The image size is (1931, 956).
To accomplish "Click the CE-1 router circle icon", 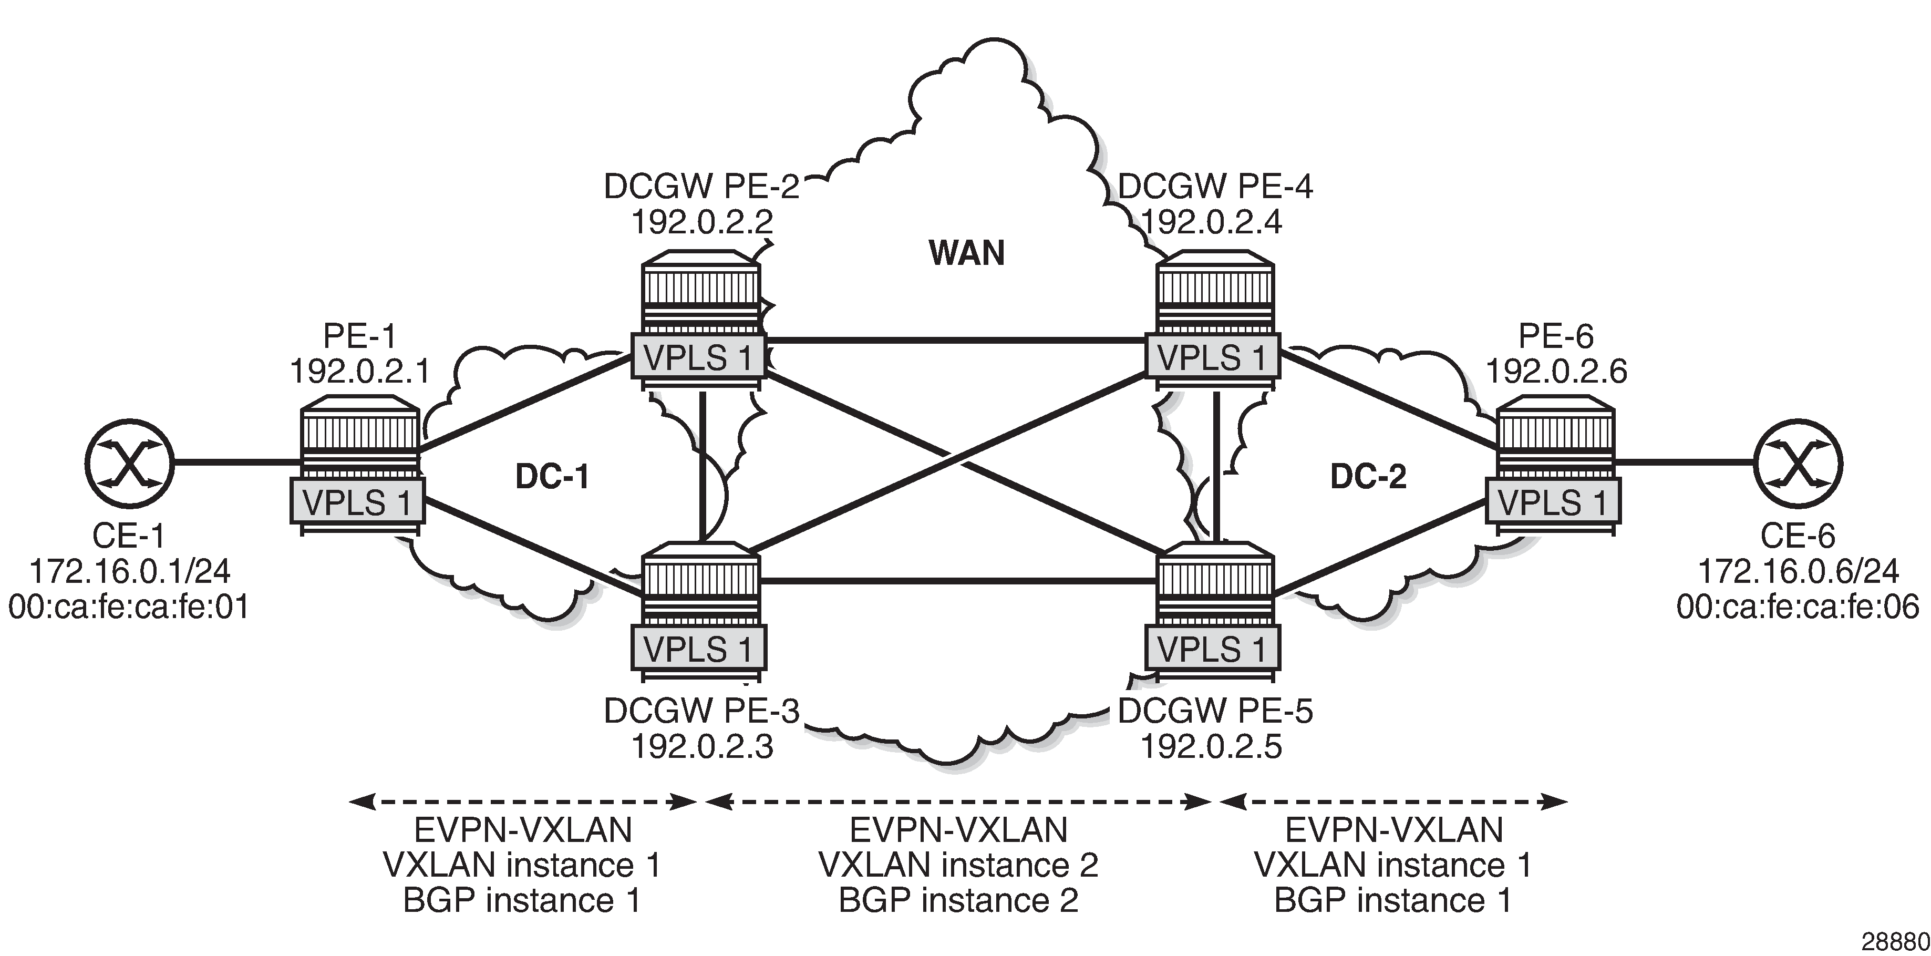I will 129,464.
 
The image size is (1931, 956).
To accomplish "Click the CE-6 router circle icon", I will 1798,464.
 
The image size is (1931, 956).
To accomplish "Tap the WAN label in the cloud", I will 966,253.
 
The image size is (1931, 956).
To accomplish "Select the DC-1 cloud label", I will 552,477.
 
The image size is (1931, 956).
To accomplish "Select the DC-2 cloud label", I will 1368,477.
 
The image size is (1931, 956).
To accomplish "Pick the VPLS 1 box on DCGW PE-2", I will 698,358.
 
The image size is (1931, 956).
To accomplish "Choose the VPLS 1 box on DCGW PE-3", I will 698,649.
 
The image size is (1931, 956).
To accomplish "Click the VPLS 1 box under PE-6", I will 1553,501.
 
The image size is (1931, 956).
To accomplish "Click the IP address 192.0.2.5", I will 1211,746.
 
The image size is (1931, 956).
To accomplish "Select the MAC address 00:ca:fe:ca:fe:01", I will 129,607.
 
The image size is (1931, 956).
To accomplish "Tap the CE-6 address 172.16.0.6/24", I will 1798,571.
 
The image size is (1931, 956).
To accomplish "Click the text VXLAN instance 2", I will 958,865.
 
